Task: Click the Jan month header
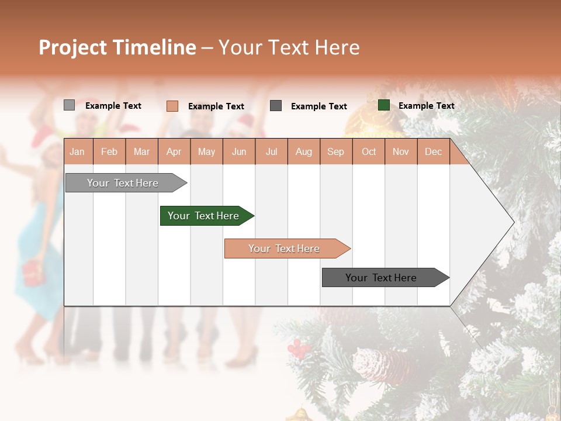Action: (78, 151)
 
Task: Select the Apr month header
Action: (174, 151)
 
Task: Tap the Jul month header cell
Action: (271, 151)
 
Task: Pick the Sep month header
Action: (336, 151)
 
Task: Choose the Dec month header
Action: (433, 151)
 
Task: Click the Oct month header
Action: (369, 151)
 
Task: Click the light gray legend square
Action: (69, 105)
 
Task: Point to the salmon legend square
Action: (172, 106)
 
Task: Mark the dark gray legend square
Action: (276, 106)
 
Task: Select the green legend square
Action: (383, 105)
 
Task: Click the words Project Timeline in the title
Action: (117, 47)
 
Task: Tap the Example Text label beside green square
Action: (426, 106)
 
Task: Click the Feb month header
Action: (109, 151)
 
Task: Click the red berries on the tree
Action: (299, 348)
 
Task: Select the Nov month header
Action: (401, 151)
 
